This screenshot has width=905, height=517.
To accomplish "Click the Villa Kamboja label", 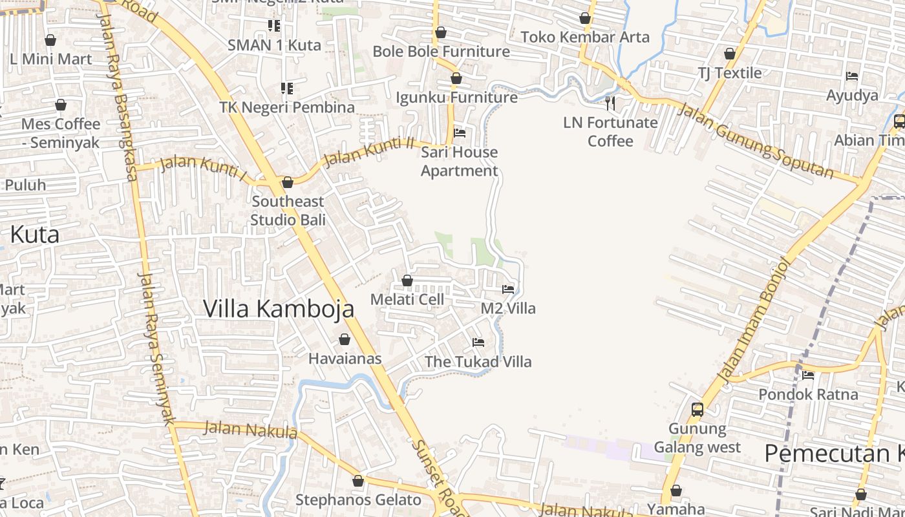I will (279, 308).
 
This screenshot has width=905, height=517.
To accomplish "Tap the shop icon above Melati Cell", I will (407, 280).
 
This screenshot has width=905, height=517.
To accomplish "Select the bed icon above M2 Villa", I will (508, 290).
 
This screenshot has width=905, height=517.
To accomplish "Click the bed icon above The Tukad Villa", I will (478, 343).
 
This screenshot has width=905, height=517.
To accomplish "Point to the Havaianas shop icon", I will (345, 339).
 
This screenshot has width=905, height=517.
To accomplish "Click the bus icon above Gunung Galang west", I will (697, 409).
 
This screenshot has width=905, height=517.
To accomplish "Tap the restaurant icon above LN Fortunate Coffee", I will (610, 103).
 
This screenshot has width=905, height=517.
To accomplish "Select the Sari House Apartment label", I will (459, 162).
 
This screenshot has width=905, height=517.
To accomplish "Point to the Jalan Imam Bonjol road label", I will (754, 319).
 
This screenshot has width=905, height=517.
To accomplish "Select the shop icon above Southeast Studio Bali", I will (288, 182).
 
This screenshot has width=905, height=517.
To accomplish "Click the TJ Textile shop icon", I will (730, 54).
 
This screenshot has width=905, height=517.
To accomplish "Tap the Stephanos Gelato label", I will (358, 500).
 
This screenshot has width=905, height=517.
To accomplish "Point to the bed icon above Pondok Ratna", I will (807, 375).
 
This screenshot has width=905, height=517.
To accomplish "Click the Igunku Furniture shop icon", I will (456, 79).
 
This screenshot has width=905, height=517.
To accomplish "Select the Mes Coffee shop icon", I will (61, 105).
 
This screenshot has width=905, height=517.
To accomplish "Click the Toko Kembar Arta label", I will (585, 37).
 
